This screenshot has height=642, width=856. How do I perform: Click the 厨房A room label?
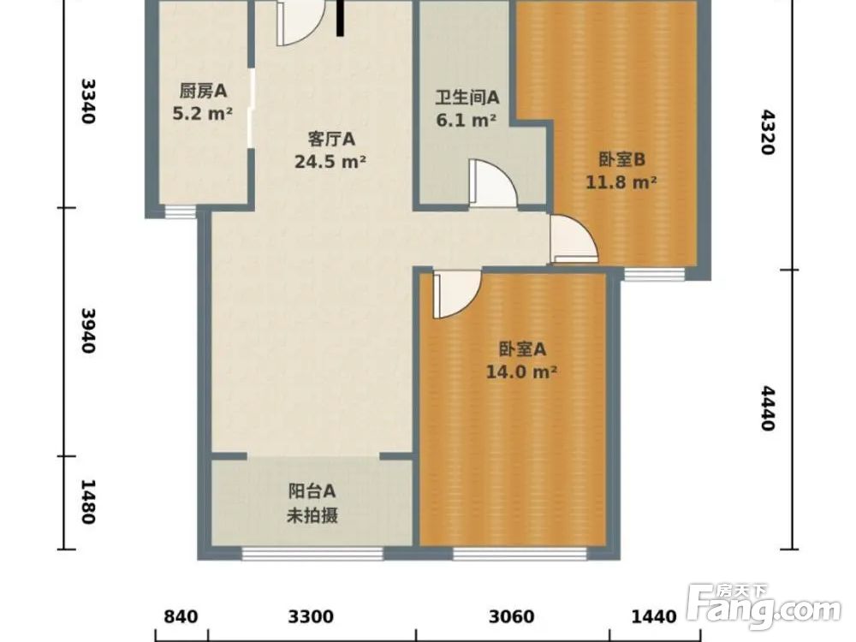coord(203,91)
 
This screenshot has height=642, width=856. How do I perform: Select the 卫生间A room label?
coord(467,98)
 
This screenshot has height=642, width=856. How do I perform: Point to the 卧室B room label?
coord(621,159)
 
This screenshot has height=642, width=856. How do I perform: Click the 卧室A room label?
coord(522,349)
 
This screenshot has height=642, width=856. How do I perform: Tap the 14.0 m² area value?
coord(522,372)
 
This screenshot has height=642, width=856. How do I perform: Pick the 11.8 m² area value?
coord(621,181)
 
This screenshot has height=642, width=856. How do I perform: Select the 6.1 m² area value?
coord(467,121)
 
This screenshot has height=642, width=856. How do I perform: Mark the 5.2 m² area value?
coord(203,113)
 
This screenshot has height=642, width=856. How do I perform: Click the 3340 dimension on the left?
coord(86,101)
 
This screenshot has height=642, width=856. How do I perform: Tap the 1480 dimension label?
coord(86,502)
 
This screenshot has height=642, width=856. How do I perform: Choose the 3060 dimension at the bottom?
coord(513,616)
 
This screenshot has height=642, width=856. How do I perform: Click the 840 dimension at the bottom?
coord(181,616)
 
